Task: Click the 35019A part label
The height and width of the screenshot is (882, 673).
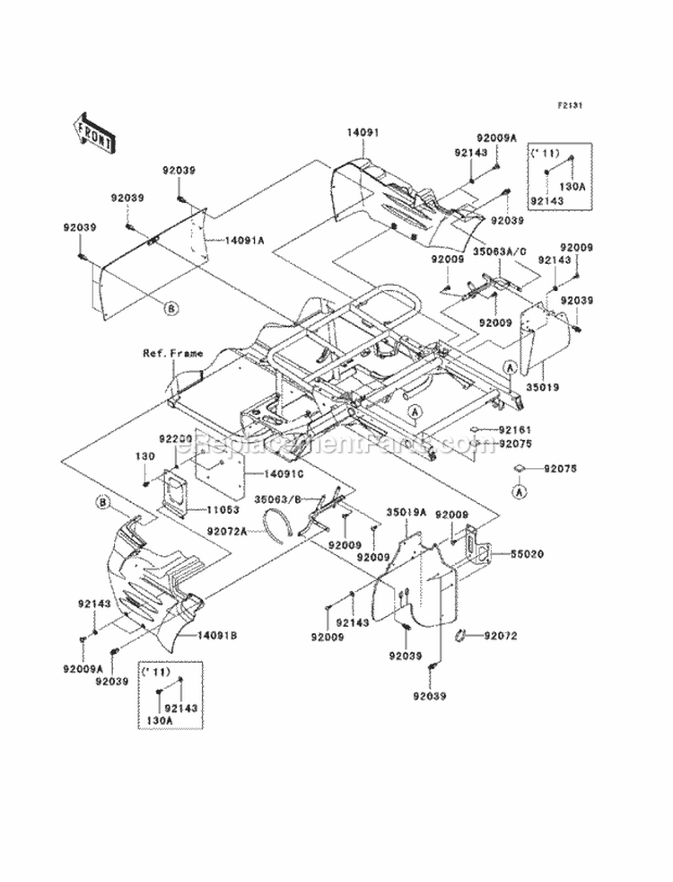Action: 405,512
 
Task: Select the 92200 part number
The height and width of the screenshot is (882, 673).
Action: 175,439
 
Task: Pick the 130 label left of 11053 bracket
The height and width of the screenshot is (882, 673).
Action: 141,456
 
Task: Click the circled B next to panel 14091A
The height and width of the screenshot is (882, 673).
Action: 171,308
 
